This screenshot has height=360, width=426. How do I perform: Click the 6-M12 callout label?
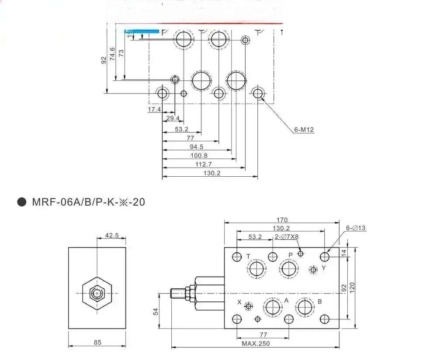coord(304,130)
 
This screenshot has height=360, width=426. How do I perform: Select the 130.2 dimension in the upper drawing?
coord(212,173)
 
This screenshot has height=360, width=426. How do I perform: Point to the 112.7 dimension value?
coord(203,164)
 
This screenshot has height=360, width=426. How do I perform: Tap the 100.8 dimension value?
coord(199,156)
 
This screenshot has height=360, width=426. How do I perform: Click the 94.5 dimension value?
coord(197,147)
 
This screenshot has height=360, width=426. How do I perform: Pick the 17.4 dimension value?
coord(154,109)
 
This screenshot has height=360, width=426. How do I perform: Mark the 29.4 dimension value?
coord(173,118)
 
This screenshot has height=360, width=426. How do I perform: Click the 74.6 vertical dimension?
coord(112,54)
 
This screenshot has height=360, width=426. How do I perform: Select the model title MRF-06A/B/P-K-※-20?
coord(89,202)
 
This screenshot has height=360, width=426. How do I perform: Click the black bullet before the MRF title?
coord(22,202)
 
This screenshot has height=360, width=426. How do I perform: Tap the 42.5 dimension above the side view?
coord(112,235)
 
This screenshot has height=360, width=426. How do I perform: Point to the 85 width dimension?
coord(97,343)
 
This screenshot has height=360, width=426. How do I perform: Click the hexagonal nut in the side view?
coord(97,293)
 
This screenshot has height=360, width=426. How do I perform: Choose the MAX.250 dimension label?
coord(256,344)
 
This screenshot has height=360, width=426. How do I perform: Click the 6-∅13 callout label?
coord(356,228)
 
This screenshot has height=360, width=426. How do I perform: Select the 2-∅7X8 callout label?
coord(286,237)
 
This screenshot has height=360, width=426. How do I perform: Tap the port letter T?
coord(248,256)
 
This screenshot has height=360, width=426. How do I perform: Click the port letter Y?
coord(324,268)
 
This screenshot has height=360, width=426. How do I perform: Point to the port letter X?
coord(239,302)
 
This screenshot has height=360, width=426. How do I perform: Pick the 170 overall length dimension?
coord(282,220)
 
